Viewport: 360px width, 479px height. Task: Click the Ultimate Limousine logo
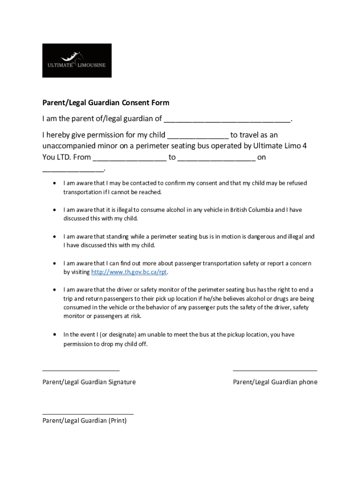coord(77,61)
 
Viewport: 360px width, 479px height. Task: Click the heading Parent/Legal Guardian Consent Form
coord(106,102)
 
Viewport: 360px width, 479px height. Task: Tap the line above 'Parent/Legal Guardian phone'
coord(275,370)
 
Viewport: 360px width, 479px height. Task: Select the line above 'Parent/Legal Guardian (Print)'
coord(88,414)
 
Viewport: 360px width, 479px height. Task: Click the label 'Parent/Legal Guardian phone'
coord(275,382)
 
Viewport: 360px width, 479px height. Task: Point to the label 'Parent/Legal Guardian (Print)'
coord(85,421)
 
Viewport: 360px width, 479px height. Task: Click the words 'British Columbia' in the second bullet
coord(251,210)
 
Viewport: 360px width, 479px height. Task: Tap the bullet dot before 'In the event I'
coord(56,334)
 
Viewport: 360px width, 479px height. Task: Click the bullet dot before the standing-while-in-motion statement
coord(56,237)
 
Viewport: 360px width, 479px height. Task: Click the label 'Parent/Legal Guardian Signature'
coord(89,382)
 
